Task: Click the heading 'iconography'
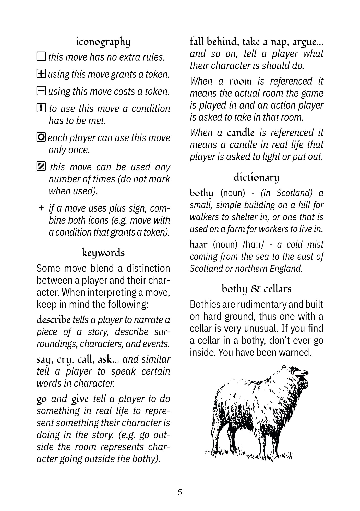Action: coord(103,42)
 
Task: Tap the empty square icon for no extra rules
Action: coord(41,56)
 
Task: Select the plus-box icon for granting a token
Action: coord(41,74)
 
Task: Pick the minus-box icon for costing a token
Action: coord(41,91)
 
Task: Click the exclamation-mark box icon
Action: coord(41,108)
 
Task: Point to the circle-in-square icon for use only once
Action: coord(41,137)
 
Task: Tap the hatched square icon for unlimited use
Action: coord(41,167)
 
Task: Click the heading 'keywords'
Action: coord(103,253)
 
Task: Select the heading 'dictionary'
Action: coord(256,177)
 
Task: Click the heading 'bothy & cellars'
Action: coord(256,289)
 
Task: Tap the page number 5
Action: coord(180,492)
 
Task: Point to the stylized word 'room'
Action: coord(240,81)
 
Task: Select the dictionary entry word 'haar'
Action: coord(198,245)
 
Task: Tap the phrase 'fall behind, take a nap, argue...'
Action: coord(256,41)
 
